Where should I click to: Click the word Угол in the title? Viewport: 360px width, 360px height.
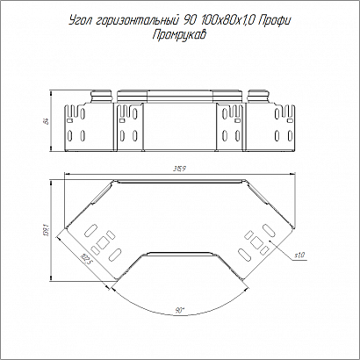79,21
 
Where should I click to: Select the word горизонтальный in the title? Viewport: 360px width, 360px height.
137,21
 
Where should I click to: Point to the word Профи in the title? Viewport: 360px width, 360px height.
275,21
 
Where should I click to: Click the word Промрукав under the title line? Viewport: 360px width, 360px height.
180,35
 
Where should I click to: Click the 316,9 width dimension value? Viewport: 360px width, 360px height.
180,169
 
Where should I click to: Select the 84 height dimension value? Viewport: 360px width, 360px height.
47,120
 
